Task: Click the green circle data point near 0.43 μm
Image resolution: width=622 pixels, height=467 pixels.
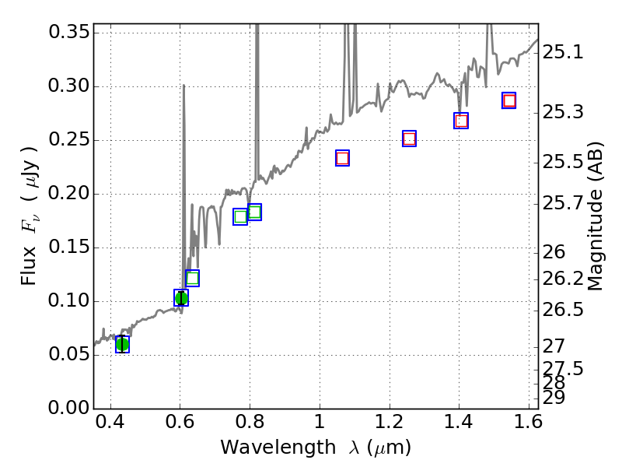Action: pos(122,344)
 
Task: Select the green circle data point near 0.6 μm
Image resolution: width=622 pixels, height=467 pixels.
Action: pos(181,298)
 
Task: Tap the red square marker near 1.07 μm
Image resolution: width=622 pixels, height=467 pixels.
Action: pos(342,158)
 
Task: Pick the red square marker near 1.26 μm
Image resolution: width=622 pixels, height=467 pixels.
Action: pos(409,139)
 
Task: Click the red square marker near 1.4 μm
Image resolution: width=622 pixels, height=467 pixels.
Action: pos(461,121)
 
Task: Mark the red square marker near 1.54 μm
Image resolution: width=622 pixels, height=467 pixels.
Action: pos(509,100)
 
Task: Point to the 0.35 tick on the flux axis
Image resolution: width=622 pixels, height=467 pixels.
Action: pos(68,33)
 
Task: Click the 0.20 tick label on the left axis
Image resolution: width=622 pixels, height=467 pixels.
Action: pos(68,194)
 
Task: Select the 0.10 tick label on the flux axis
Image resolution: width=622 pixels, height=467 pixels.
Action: pos(68,301)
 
